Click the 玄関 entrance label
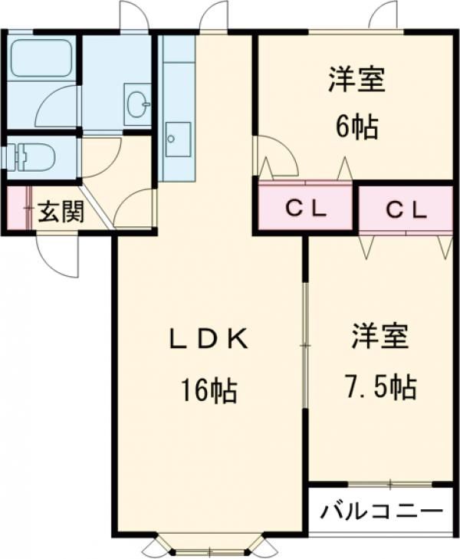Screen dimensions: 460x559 61,212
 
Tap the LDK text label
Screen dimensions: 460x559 209,340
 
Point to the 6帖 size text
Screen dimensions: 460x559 356,127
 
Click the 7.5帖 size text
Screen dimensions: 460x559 380,386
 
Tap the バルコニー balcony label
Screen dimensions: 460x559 382,511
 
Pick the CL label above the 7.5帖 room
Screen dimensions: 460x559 407,210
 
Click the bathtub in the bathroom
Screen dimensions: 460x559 41,57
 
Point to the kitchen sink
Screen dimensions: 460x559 178,140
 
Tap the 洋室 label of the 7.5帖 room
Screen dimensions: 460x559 380,335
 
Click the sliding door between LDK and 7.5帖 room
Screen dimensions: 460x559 305,346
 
